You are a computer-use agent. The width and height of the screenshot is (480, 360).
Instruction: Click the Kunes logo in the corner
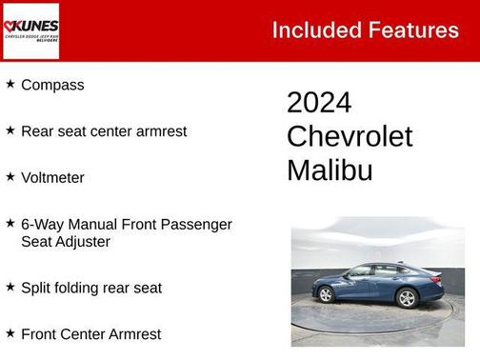[31, 30]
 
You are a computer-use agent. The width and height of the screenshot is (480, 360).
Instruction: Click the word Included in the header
[314, 30]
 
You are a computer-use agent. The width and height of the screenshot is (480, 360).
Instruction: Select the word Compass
[52, 85]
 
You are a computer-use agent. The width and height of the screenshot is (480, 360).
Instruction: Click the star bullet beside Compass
[10, 84]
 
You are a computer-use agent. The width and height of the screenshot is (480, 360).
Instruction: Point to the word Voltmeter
[52, 177]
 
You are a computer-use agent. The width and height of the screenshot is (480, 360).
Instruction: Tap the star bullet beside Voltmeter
[10, 176]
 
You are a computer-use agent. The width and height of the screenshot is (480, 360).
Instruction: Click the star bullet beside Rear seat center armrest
[10, 130]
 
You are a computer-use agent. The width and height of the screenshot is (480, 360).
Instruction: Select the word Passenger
[197, 224]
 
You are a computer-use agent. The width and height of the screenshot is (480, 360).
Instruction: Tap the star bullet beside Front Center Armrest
[10, 333]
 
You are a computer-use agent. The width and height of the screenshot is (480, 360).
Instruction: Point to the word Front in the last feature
[40, 334]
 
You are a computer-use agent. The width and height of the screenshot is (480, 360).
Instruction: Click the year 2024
[319, 103]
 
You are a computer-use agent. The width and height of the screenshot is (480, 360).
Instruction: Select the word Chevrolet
[350, 136]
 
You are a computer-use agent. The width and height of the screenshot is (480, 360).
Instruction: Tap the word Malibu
[330, 170]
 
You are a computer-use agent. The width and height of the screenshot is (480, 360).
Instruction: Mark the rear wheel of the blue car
[408, 298]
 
